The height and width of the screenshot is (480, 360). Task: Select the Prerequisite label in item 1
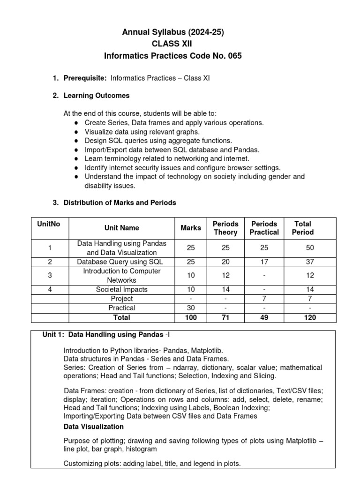[85, 78]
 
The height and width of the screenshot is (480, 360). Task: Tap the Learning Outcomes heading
[96, 96]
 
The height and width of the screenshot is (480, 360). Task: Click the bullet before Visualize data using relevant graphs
[76, 132]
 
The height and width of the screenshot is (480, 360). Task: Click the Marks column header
[191, 228]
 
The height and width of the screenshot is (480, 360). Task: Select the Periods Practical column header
[264, 228]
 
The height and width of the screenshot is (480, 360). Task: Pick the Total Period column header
[303, 228]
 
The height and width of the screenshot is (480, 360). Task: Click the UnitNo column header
[48, 224]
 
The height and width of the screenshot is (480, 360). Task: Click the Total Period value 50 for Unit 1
[309, 247]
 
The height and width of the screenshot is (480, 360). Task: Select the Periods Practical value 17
[264, 262]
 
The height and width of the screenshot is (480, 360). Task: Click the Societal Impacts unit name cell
[121, 290]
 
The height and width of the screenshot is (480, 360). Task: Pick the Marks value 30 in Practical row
[191, 308]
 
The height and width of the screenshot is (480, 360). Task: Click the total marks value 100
[191, 317]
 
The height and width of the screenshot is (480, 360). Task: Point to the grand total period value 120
[309, 317]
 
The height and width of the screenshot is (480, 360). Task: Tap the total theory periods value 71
[225, 317]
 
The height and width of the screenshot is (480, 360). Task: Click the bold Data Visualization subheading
[94, 427]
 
